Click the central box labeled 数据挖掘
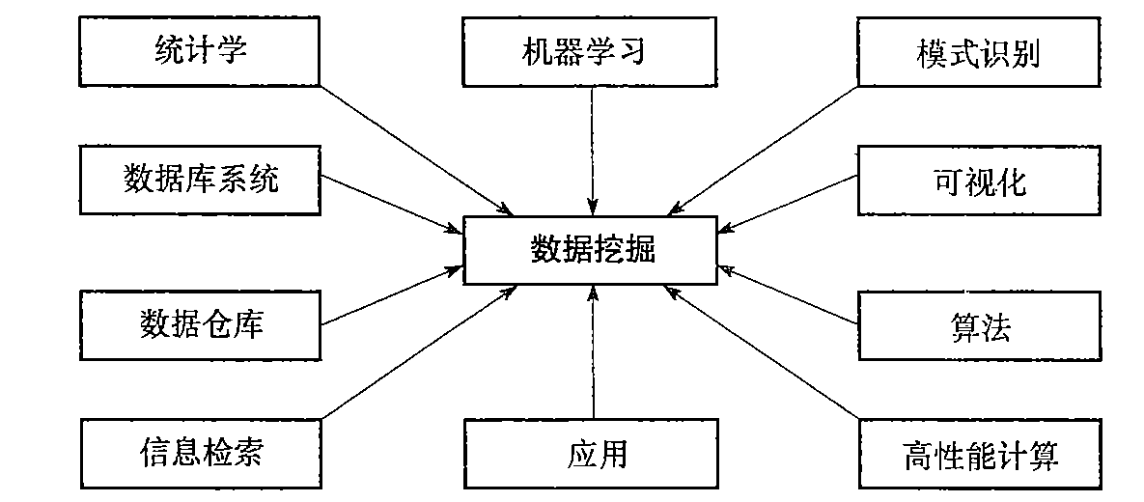click(593, 250)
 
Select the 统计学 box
click(200, 50)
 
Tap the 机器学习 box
click(593, 50)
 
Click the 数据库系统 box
click(200, 180)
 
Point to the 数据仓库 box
click(200, 323)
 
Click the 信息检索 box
click(200, 452)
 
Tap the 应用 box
click(593, 452)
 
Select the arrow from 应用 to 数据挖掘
click(593, 352)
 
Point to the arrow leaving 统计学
click(415, 150)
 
